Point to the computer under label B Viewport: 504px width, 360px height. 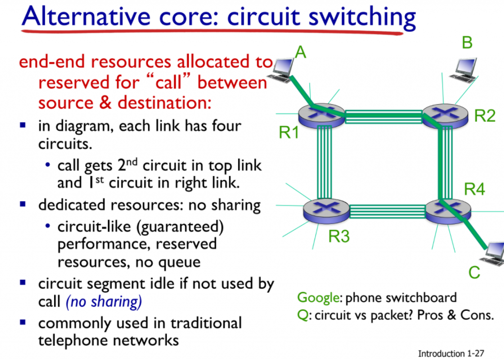(464, 69)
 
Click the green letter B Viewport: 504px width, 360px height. (467, 43)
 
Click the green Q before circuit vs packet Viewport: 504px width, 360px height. (302, 315)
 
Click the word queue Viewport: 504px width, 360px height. (177, 262)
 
